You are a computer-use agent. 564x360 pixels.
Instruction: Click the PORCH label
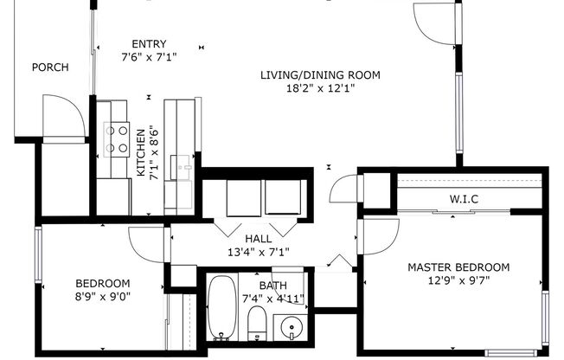click(50, 67)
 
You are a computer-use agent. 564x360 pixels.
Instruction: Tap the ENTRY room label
click(149, 45)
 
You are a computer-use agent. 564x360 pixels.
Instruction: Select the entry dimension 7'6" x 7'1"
click(149, 58)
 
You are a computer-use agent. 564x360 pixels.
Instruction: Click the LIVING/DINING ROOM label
click(320, 74)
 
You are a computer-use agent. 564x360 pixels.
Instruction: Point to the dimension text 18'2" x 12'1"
click(320, 87)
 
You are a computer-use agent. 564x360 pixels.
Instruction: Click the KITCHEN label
click(141, 153)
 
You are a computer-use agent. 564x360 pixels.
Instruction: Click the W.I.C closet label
click(464, 200)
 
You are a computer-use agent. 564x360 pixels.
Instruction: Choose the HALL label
click(258, 239)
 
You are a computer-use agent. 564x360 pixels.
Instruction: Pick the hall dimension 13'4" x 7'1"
click(258, 252)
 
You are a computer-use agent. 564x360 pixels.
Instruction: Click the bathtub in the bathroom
click(221, 308)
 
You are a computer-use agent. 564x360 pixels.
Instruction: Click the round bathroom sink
click(292, 330)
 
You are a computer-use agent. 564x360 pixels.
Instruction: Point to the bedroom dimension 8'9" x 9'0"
click(103, 297)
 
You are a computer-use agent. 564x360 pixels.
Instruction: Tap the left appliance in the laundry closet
click(243, 198)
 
